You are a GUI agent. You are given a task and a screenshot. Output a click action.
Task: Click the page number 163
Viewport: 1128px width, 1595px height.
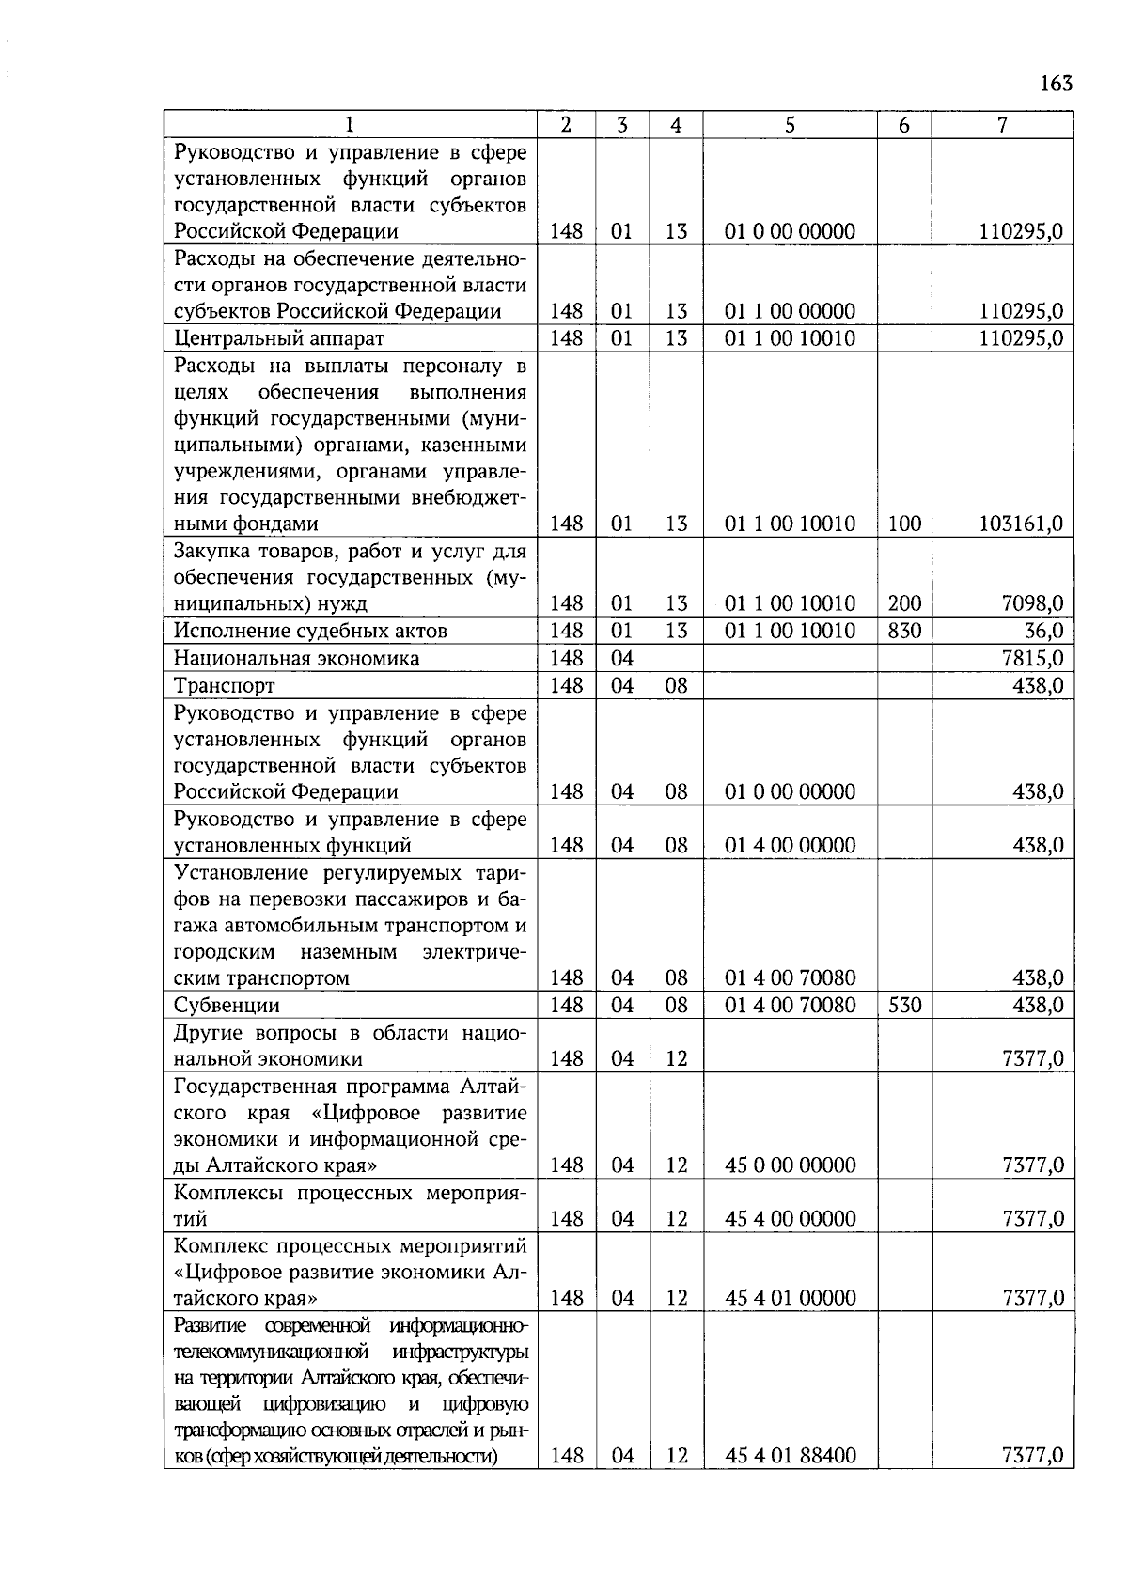click(x=1057, y=84)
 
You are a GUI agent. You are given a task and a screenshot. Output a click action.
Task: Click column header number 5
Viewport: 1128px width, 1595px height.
click(x=790, y=124)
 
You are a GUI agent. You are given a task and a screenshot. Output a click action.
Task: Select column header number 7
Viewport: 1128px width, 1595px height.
click(x=1002, y=124)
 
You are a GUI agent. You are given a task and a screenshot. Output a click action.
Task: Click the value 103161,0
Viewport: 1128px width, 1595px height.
click(x=1021, y=524)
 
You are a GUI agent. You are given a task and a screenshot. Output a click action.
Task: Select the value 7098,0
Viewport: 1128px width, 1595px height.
click(x=1032, y=603)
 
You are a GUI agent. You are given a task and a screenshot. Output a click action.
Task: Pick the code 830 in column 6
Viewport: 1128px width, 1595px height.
click(x=904, y=631)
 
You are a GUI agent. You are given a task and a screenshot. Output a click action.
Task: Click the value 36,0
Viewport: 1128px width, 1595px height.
click(x=1043, y=631)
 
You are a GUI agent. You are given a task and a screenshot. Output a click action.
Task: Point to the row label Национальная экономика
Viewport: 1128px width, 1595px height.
click(x=296, y=658)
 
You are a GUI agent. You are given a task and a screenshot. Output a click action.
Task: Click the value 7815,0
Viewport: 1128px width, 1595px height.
click(x=1032, y=658)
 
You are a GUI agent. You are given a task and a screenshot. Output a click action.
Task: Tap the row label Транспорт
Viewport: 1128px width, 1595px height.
click(x=224, y=685)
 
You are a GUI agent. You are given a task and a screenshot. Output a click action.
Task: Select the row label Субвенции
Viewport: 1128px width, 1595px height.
click(x=227, y=1005)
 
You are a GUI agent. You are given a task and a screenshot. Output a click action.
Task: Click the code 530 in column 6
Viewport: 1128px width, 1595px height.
click(x=904, y=1005)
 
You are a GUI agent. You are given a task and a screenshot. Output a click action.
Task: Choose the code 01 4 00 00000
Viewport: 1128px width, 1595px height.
click(x=790, y=845)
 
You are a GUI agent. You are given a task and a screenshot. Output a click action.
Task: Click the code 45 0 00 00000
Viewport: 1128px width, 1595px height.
click(x=790, y=1165)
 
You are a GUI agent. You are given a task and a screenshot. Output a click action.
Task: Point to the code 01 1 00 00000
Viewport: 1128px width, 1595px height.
click(x=790, y=311)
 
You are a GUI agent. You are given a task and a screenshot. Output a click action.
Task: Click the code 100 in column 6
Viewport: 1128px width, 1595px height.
click(x=904, y=524)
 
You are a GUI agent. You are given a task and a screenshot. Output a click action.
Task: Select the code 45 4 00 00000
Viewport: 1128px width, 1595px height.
click(x=790, y=1219)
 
